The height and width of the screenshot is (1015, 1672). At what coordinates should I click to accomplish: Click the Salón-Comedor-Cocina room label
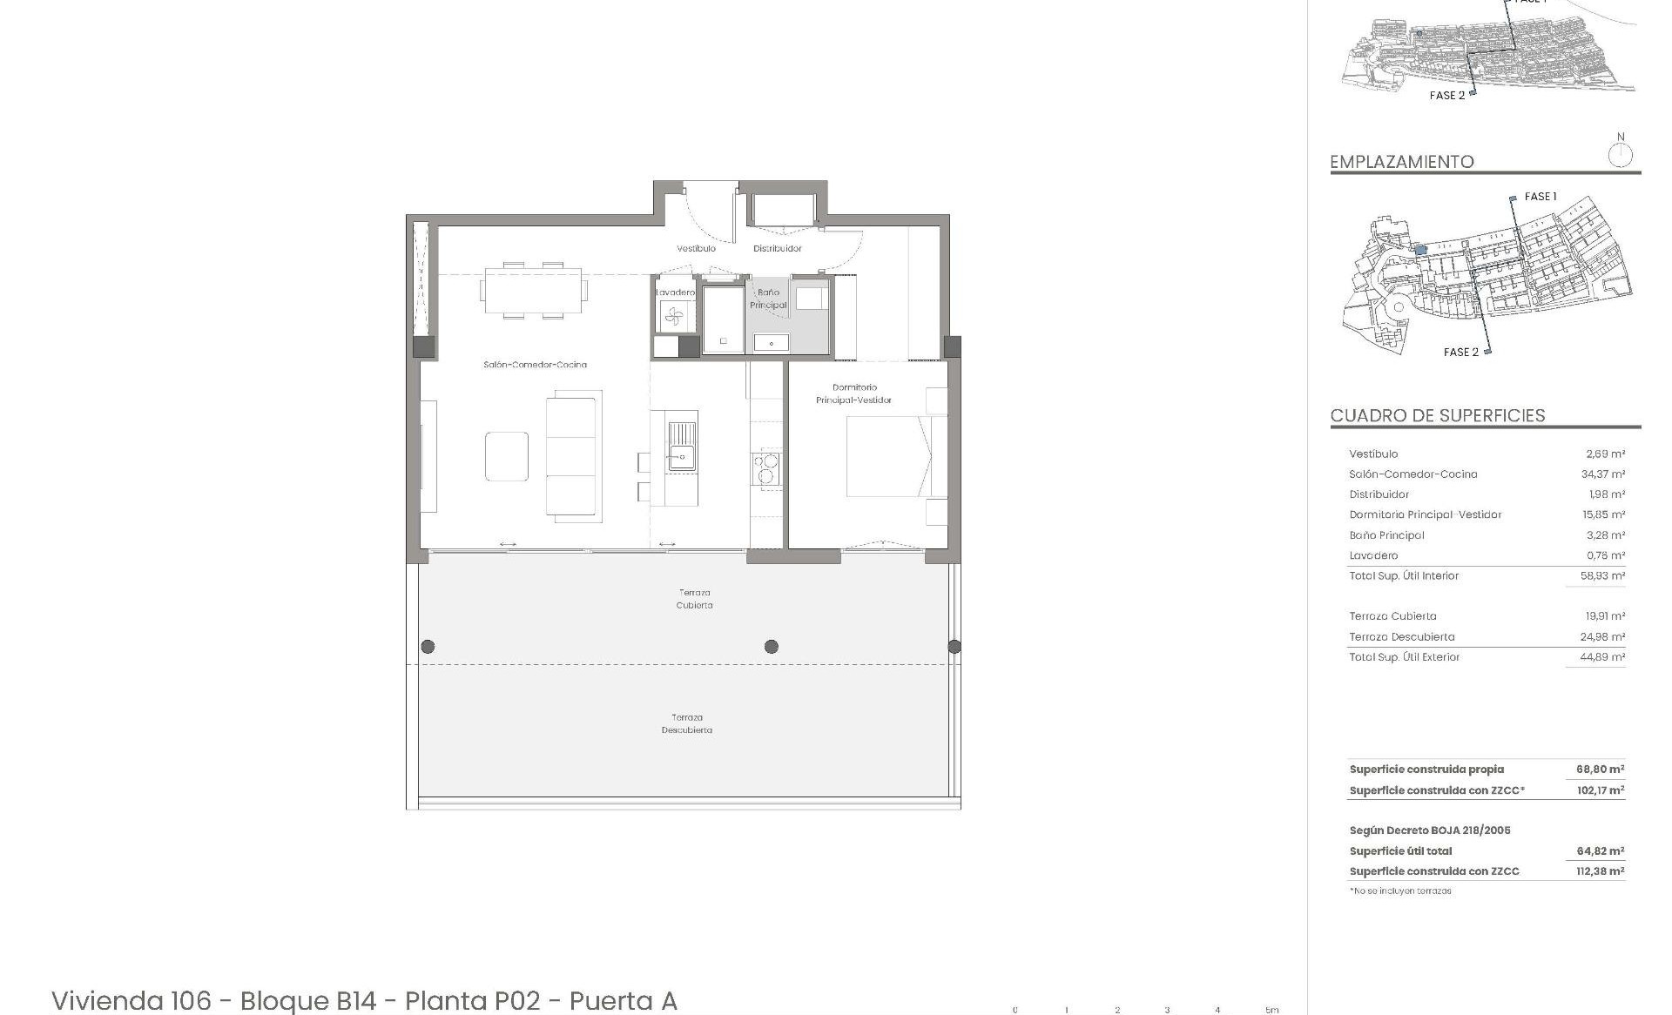535,365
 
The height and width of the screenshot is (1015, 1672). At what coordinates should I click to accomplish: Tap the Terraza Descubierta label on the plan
687,723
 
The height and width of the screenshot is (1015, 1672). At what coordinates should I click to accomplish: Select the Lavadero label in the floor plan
675,292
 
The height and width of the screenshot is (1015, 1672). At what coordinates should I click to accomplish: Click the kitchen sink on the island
682,447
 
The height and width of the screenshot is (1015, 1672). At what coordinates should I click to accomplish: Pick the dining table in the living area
533,290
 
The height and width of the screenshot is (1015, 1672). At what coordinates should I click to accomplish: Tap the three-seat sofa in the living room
573,457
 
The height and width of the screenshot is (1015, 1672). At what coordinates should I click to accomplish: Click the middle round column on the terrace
771,646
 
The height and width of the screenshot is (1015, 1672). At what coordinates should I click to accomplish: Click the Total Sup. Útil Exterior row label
1404,657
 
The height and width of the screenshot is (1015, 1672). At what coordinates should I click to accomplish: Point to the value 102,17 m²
1600,790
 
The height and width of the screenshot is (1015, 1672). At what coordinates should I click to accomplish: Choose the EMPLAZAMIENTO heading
1401,162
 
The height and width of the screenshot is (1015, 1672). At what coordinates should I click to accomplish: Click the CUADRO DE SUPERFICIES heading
1438,415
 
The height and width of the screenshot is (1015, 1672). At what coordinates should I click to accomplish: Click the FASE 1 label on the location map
1540,197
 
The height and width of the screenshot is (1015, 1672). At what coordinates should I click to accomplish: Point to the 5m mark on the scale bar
1272,1010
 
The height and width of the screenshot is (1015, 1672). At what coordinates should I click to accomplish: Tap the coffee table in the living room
507,456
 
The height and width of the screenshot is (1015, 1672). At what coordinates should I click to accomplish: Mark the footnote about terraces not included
1400,891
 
